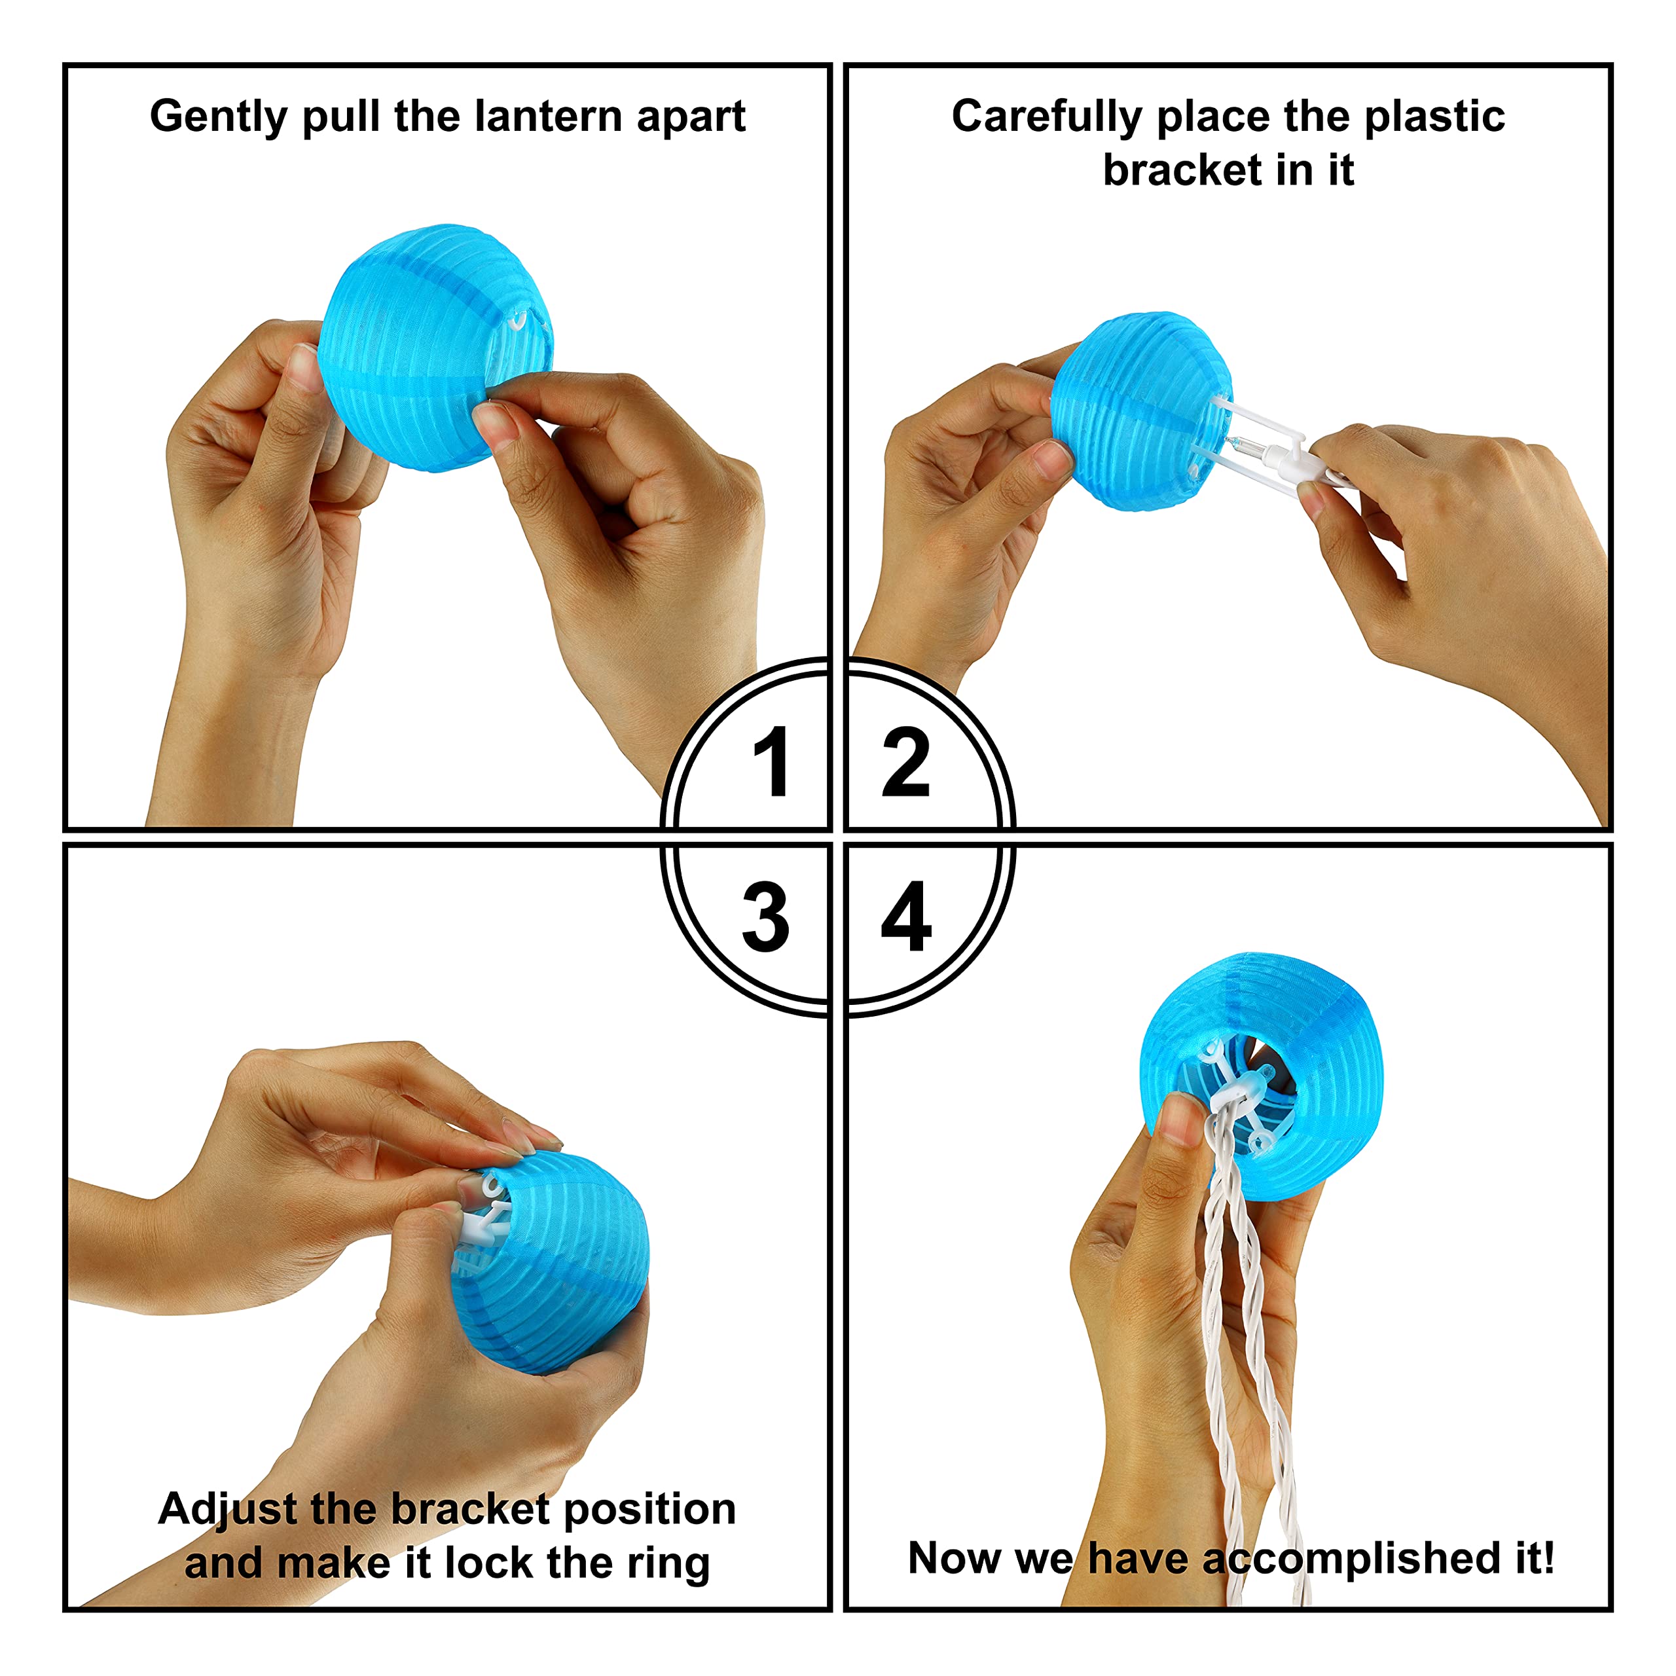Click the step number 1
point(772,761)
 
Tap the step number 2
point(905,761)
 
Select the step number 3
point(765,917)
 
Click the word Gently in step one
point(218,117)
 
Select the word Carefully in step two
point(1046,117)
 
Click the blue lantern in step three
point(555,1262)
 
